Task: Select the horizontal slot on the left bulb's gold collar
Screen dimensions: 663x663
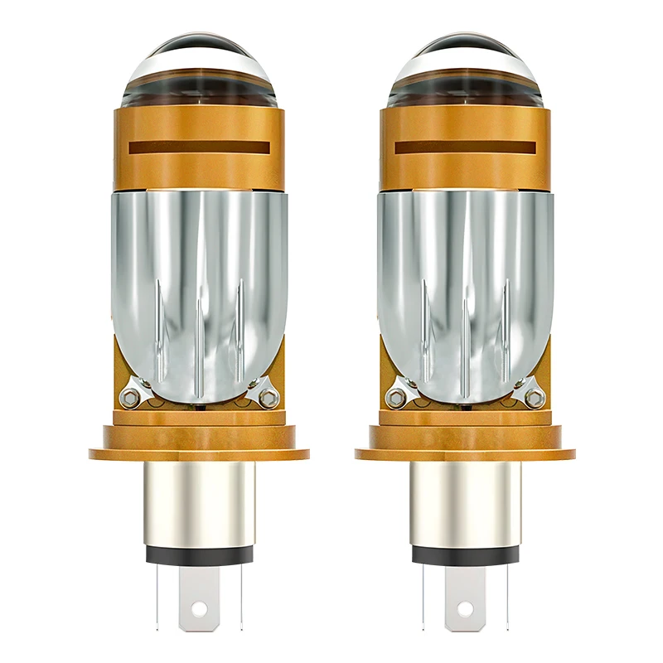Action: (x=199, y=148)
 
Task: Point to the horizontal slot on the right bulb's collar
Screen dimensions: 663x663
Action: (x=465, y=148)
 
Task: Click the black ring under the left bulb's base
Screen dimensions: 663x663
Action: (x=199, y=555)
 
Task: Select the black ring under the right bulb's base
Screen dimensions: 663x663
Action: (x=465, y=555)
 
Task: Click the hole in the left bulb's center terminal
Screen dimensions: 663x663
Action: (x=199, y=609)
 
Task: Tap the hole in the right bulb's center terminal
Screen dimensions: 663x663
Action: (x=465, y=609)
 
